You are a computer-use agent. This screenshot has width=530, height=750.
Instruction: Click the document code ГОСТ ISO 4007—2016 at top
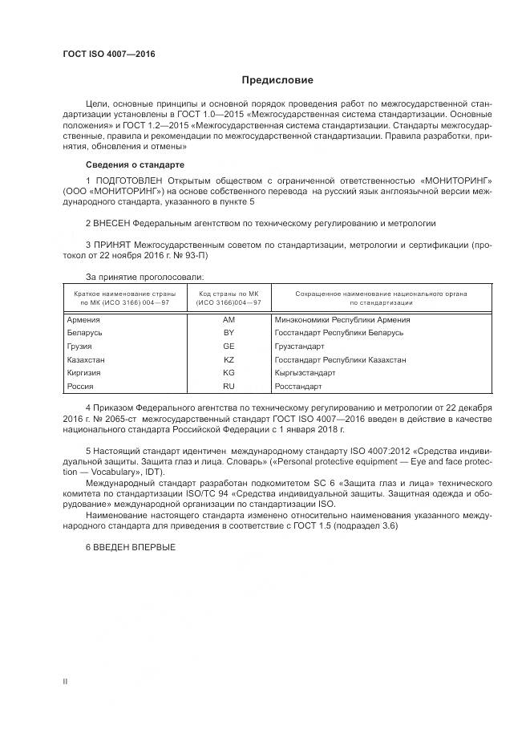[108, 55]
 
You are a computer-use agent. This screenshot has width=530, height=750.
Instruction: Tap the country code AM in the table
[229, 319]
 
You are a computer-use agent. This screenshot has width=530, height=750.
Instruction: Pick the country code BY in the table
[229, 332]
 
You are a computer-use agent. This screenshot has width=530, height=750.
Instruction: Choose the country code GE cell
[229, 346]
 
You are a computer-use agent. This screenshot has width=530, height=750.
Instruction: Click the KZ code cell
[229, 359]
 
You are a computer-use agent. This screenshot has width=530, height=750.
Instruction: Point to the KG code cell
[229, 373]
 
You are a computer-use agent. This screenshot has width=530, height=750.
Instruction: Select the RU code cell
[229, 387]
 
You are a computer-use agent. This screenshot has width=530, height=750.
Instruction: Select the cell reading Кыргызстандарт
[305, 373]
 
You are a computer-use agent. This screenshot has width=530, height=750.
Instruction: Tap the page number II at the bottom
[65, 681]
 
